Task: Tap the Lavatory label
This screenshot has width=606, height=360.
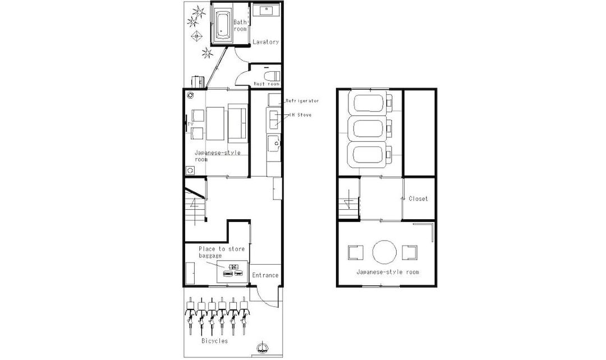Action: (265, 41)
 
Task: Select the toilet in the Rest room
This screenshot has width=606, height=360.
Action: (272, 75)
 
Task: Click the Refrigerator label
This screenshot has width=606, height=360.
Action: (302, 101)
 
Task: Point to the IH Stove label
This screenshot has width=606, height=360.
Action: (300, 115)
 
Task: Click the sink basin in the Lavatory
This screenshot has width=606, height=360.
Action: (267, 11)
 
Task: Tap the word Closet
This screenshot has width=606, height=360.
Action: (418, 199)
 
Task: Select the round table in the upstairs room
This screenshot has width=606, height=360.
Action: (384, 252)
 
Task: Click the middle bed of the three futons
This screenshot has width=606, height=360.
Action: (370, 129)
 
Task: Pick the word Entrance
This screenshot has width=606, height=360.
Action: (265, 275)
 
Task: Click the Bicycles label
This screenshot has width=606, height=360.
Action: (214, 341)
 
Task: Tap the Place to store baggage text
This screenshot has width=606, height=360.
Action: (222, 252)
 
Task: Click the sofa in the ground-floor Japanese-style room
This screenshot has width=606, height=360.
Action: (237, 123)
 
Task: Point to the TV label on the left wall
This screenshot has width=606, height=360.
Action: (190, 123)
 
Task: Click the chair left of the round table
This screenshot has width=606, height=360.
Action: (356, 252)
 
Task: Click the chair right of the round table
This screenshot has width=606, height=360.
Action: (409, 252)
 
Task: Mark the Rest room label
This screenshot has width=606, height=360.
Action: (267, 84)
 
